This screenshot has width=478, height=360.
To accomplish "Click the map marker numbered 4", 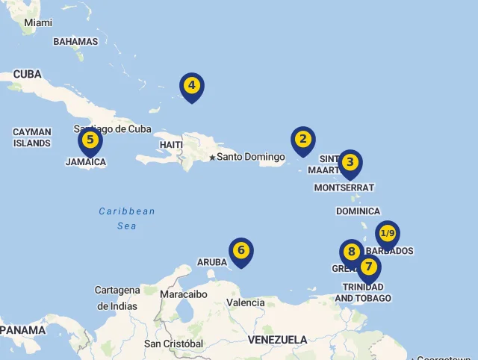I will click(x=192, y=86).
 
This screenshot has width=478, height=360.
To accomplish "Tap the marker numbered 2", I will click(x=302, y=140).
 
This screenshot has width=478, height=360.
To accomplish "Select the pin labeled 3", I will click(x=350, y=163).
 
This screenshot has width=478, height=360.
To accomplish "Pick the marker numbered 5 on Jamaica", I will click(x=90, y=140).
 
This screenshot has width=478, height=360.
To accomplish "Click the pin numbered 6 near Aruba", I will click(x=240, y=251).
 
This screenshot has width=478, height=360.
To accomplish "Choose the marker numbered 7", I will click(x=368, y=267).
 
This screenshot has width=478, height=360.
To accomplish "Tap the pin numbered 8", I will click(x=351, y=252).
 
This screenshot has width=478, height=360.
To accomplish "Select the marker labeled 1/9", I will click(x=387, y=234).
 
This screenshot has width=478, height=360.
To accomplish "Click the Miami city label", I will click(x=38, y=23).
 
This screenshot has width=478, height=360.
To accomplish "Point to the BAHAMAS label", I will click(x=75, y=42).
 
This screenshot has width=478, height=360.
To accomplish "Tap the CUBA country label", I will click(x=27, y=75).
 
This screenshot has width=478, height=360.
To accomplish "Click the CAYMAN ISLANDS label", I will click(x=32, y=137).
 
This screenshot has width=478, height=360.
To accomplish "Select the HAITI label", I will click(x=171, y=145).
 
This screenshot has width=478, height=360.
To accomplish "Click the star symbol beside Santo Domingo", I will click(x=212, y=158).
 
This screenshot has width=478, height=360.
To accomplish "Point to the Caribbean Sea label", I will click(x=127, y=218).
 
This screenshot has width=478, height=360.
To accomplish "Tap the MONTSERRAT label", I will click(x=344, y=187).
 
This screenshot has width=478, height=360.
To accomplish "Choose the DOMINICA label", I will click(x=358, y=211).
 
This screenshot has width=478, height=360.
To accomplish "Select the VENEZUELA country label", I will click(x=277, y=340).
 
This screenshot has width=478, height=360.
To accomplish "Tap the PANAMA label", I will click(x=22, y=329).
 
